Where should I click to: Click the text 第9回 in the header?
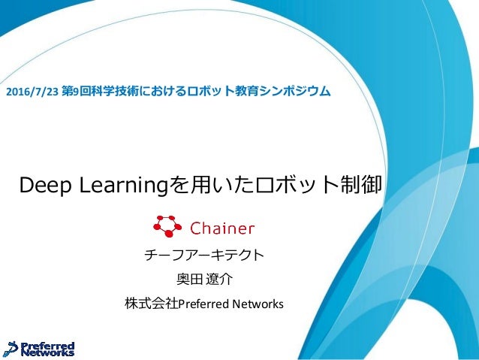pyautogui.click(x=73, y=92)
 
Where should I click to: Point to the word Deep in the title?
pyautogui.click(x=47, y=185)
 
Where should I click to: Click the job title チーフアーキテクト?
pyautogui.click(x=203, y=256)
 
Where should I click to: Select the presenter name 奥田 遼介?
pyautogui.click(x=204, y=280)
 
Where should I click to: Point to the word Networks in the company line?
pyautogui.click(x=258, y=304)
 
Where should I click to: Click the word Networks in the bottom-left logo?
pyautogui.click(x=50, y=352)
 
